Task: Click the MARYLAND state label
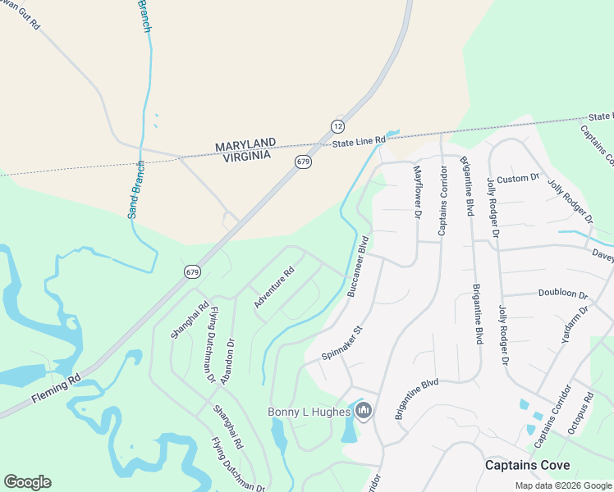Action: [245, 145]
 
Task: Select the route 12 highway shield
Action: [337, 125]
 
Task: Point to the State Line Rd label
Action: [359, 142]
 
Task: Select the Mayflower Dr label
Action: [417, 192]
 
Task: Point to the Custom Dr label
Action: [517, 178]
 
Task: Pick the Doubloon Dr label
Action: [563, 294]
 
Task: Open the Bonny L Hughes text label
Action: [309, 412]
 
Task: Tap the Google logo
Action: [27, 482]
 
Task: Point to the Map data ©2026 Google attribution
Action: [563, 485]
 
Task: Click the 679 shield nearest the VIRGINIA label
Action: [304, 162]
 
